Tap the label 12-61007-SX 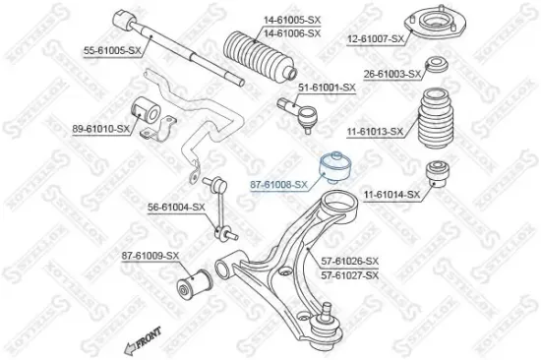pos(376,38)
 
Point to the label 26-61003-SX pos(391,74)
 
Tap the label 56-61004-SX pos(176,207)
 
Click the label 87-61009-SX pos(150,256)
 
